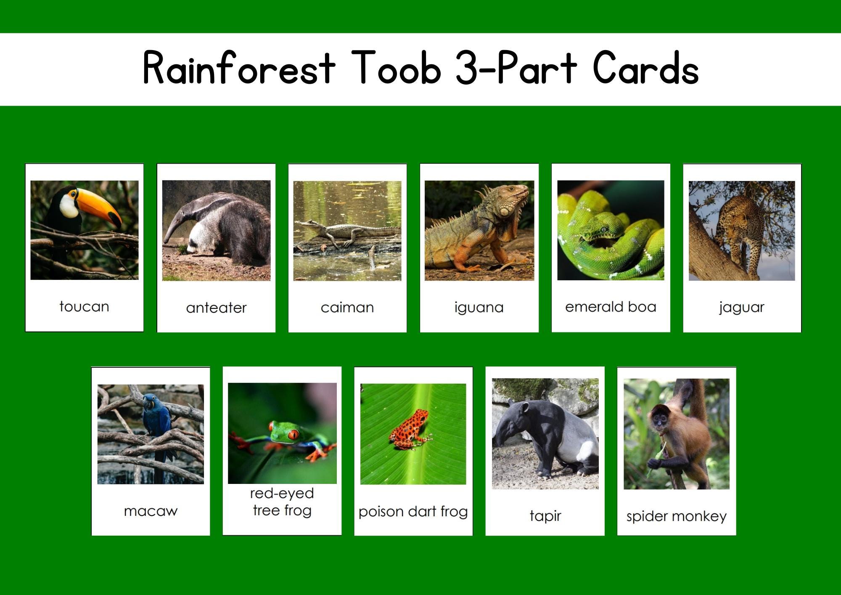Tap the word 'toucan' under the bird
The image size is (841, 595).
click(84, 306)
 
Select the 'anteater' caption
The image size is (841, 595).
click(216, 308)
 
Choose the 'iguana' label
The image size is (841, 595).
click(479, 307)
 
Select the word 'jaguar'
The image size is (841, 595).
click(741, 307)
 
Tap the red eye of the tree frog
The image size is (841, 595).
click(293, 434)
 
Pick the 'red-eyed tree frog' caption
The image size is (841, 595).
click(282, 502)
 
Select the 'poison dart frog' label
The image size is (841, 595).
click(413, 512)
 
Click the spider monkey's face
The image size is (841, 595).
click(659, 417)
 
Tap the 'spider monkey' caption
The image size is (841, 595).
click(676, 516)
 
